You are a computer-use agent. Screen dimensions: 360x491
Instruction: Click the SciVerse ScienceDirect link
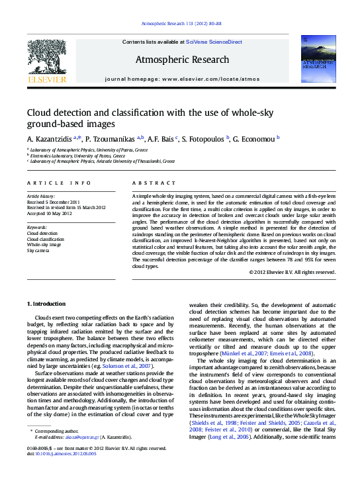pyautogui.click(x=214, y=42)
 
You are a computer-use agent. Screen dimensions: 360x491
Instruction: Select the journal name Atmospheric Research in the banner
pyautogui.click(x=182, y=60)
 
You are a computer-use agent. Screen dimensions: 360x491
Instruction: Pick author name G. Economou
pyautogui.click(x=255, y=138)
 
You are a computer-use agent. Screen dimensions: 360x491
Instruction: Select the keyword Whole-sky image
pyautogui.click(x=44, y=245)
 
